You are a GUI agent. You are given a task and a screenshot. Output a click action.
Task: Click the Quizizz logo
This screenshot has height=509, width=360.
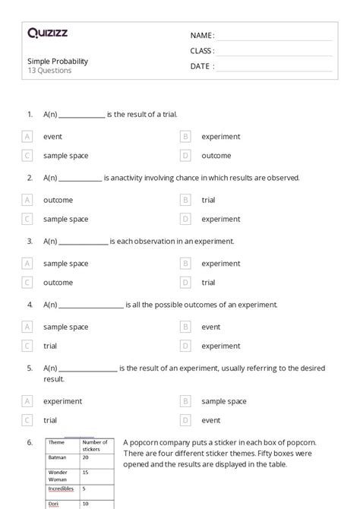click(47, 33)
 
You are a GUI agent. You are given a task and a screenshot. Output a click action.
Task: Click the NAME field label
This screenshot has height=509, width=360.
click(202, 36)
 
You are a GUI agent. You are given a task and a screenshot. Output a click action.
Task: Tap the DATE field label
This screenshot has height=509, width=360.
click(202, 66)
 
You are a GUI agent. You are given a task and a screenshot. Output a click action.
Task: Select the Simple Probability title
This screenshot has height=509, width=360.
click(58, 60)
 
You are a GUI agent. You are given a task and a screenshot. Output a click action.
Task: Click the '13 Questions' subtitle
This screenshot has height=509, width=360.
click(49, 71)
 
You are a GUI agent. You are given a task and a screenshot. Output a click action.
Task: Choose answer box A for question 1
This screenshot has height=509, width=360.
click(27, 137)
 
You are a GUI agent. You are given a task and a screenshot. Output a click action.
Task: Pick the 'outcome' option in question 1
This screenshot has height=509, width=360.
click(216, 156)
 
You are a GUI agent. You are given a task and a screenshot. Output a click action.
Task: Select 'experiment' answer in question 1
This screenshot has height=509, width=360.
click(220, 137)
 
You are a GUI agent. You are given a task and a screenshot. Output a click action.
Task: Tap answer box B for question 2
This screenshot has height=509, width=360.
click(185, 201)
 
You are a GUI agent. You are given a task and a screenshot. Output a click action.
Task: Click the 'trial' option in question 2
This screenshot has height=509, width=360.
click(208, 201)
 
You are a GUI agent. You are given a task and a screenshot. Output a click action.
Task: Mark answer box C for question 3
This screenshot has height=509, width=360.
click(27, 283)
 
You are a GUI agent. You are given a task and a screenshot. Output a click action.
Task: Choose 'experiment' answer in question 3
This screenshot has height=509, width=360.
click(220, 264)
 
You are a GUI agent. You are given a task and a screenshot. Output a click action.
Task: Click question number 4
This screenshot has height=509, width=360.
click(30, 305)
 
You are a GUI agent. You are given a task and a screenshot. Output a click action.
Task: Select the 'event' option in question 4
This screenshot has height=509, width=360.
click(210, 327)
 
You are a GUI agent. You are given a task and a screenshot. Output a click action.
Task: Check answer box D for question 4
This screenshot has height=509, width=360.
click(185, 346)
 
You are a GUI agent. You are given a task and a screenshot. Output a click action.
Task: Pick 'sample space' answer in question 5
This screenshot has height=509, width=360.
click(223, 401)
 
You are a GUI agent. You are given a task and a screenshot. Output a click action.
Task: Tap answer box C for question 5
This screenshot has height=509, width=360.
click(27, 420)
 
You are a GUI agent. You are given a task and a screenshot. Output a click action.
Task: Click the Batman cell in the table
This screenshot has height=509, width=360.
click(58, 457)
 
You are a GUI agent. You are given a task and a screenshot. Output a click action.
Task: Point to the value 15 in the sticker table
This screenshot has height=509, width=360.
click(86, 472)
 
